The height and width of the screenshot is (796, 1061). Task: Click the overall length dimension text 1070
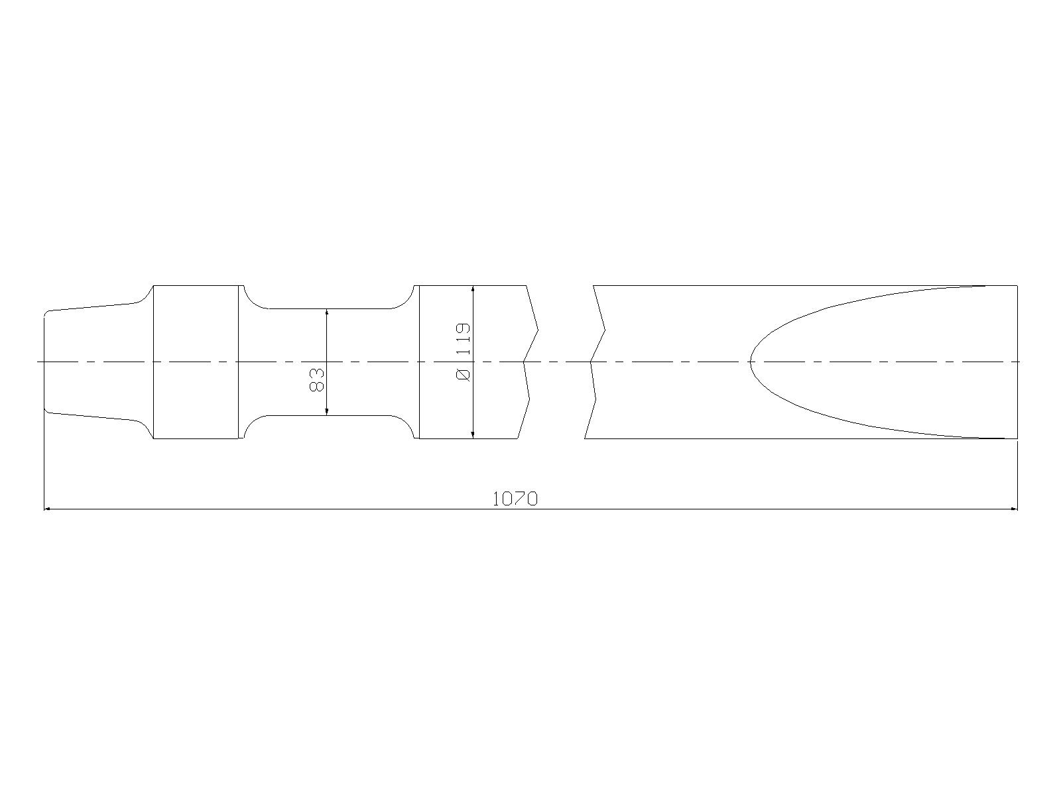[515, 499]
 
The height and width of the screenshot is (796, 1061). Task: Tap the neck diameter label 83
[316, 379]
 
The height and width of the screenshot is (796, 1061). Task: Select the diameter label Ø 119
[463, 352]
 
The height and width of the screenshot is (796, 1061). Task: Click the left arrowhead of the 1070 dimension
[47, 509]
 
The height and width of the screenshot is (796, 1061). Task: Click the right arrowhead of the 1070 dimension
[1014, 509]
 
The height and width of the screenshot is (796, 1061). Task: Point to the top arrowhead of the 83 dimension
[327, 312]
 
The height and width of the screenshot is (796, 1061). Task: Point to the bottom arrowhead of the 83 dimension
[327, 412]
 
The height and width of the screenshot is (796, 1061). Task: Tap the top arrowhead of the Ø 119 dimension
[473, 289]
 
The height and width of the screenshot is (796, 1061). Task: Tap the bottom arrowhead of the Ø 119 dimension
[473, 435]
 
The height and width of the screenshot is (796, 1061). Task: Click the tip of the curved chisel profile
[750, 362]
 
